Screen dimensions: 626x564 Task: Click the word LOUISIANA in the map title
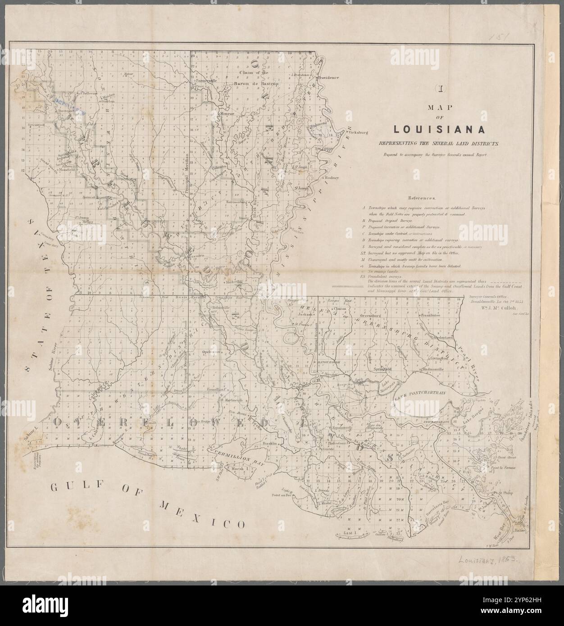pos(439,129)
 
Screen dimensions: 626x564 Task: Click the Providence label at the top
pos(328,77)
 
